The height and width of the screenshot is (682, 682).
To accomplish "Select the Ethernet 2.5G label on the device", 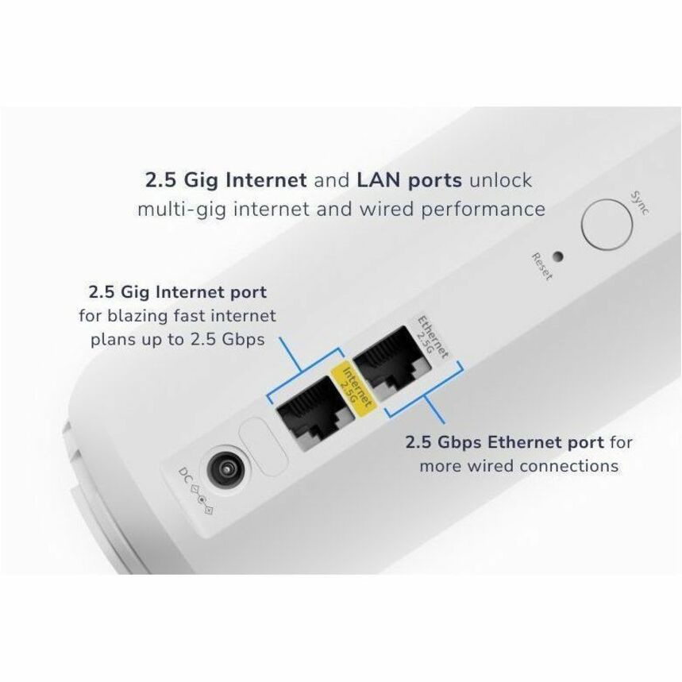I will click(x=433, y=338).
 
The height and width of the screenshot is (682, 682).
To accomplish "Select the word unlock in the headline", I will click(x=499, y=180).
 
